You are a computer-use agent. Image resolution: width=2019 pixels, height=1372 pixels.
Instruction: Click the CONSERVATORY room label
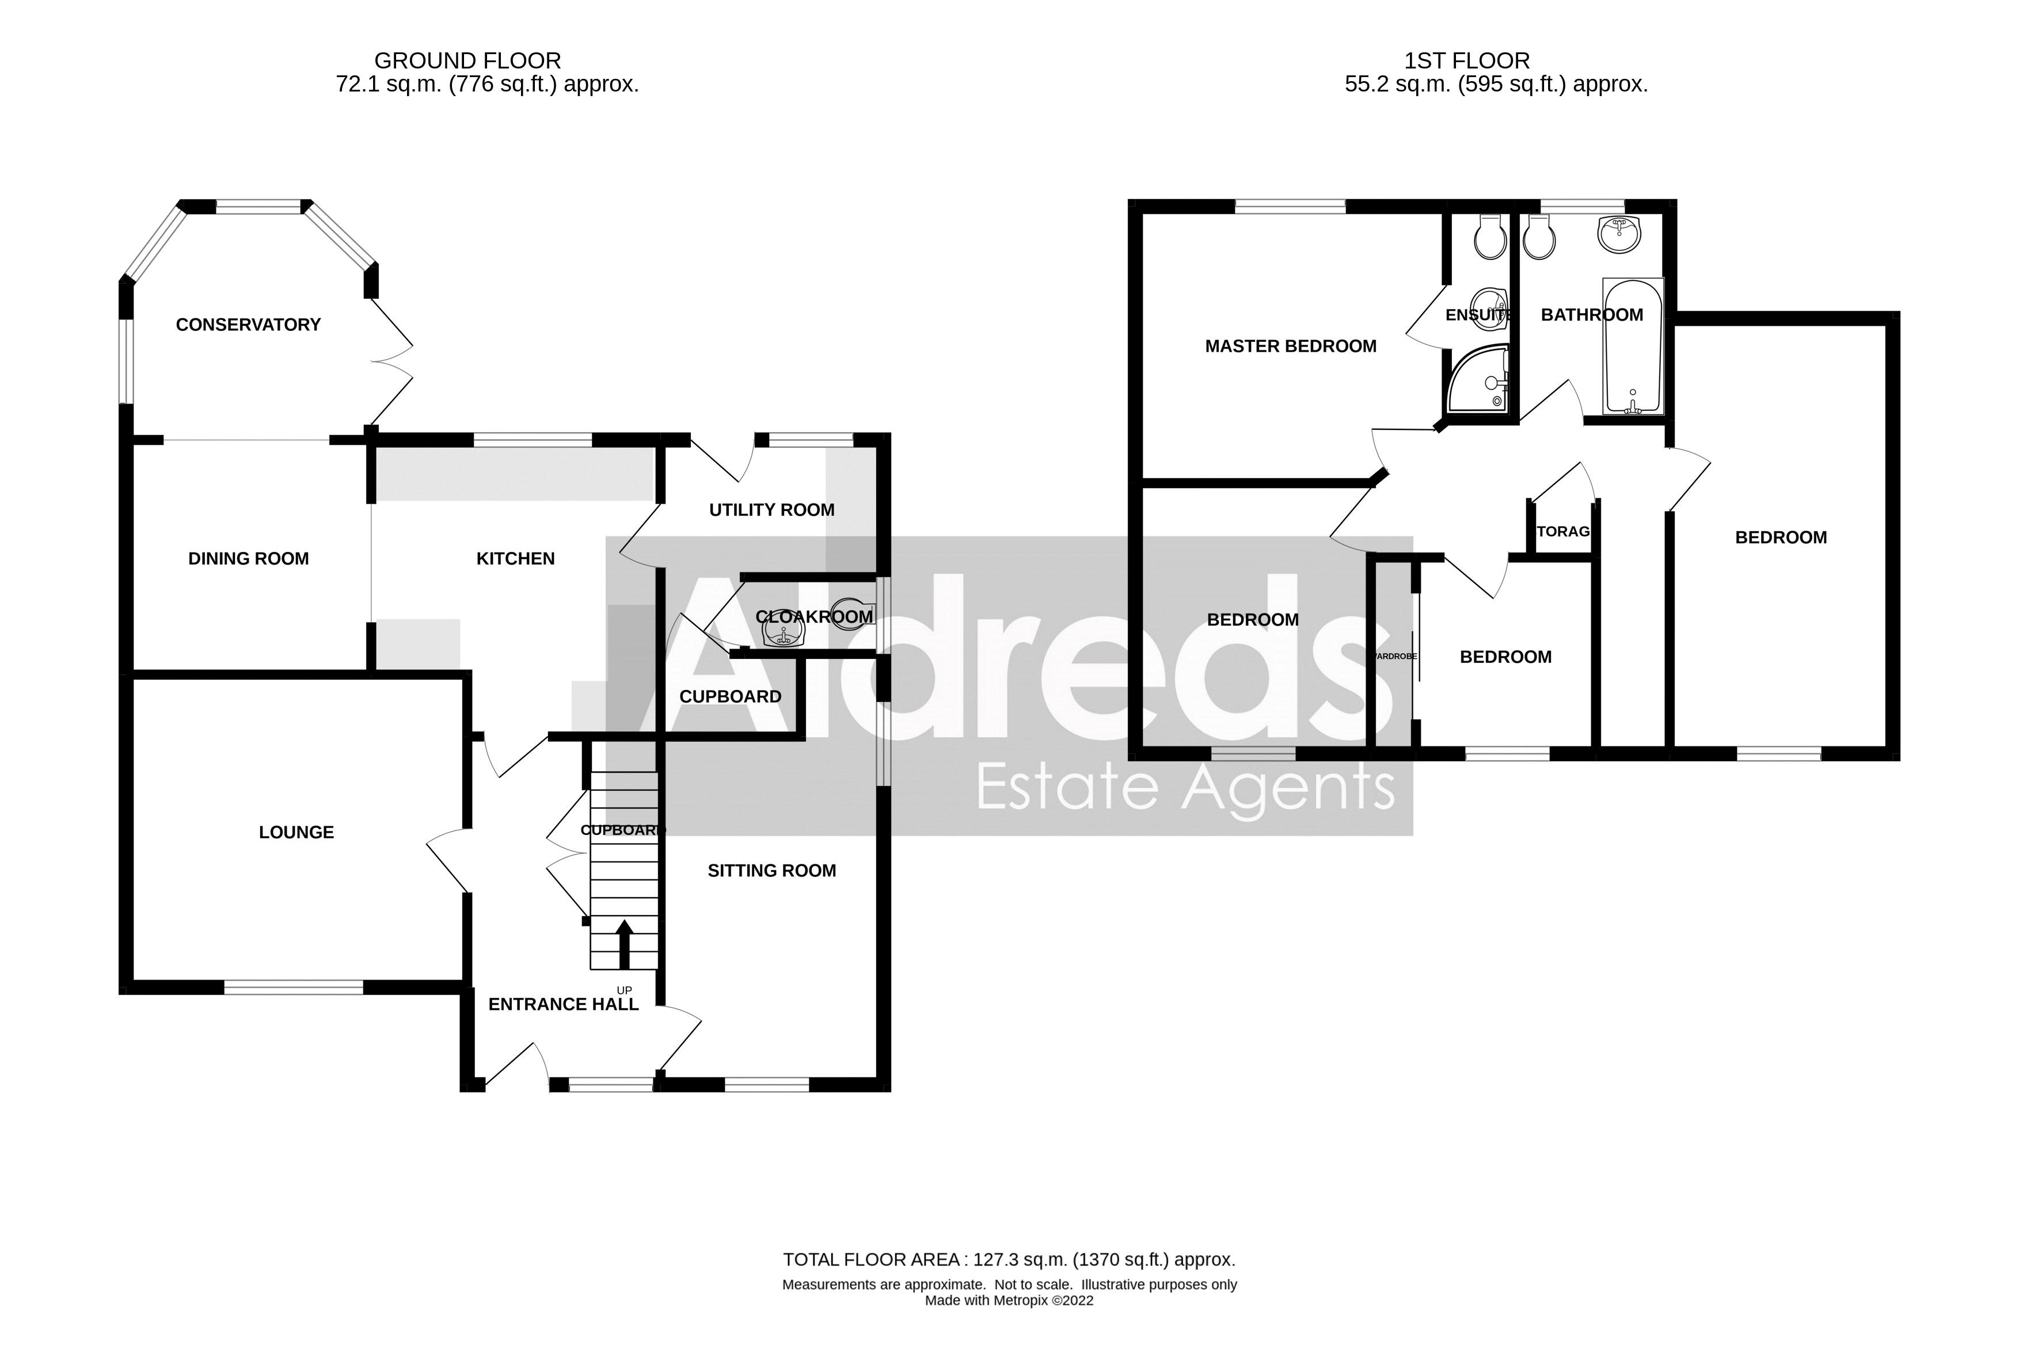point(249,325)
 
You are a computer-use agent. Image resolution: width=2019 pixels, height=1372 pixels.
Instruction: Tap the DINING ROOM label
point(249,558)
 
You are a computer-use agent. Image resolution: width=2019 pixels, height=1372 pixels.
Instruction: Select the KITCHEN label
point(515,558)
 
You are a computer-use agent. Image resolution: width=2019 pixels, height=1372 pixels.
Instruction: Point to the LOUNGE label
point(296,832)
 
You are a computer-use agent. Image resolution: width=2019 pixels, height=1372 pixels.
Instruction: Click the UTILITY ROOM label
point(771,510)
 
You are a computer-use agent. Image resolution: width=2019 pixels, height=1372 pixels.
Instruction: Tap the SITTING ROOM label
point(771,870)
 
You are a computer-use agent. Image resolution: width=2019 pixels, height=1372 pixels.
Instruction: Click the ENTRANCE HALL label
point(563,1004)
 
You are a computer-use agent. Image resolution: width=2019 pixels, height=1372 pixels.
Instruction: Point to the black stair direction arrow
point(623,945)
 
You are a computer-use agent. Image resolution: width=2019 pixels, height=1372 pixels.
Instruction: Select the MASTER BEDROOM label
point(1290,346)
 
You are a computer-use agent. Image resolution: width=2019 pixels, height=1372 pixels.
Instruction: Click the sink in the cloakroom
point(784,635)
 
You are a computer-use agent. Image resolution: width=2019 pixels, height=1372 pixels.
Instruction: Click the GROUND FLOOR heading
point(467,61)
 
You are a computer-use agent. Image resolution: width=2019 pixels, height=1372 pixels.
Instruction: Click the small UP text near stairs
point(623,990)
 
